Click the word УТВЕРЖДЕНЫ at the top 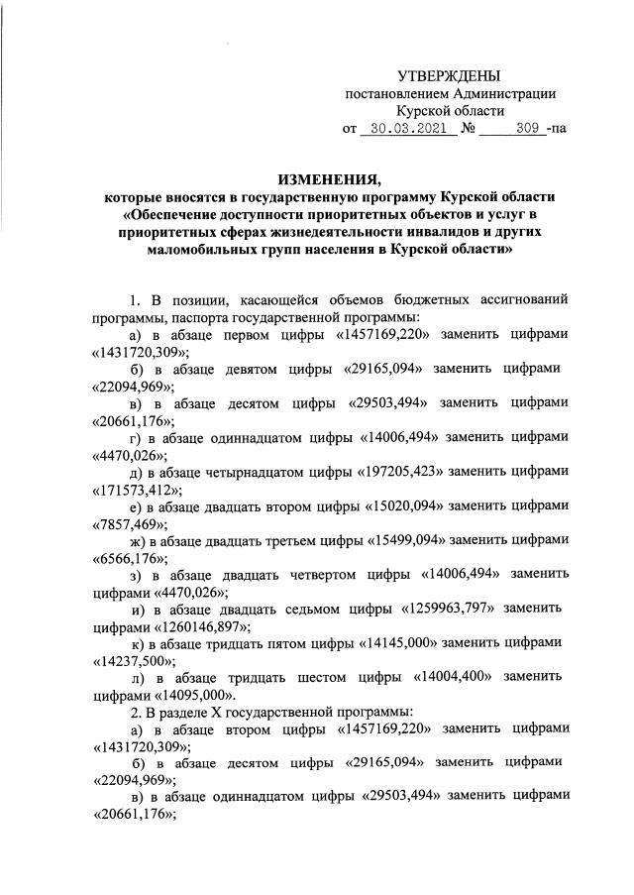click(449, 75)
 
